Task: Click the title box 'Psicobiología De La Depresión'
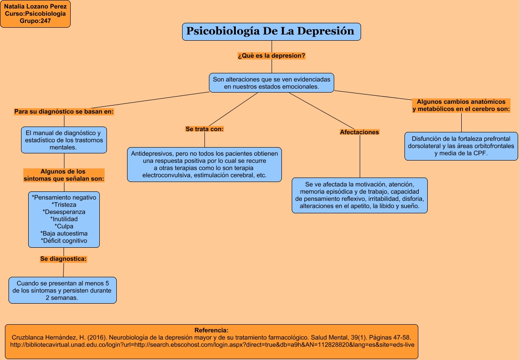point(271,31)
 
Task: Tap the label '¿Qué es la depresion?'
point(272,56)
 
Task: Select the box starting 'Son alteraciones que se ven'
point(272,83)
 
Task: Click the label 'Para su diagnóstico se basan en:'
point(64,111)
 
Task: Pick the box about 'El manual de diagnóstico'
point(64,140)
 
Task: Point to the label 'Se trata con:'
point(204,129)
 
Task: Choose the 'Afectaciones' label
point(359,132)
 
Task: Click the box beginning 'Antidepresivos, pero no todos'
point(204,164)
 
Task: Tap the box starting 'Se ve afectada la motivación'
point(359,195)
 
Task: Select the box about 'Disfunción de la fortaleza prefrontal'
point(461,146)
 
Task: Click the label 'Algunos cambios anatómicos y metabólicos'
point(461,105)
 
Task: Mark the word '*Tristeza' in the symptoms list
point(64,204)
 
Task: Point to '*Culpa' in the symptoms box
point(64,226)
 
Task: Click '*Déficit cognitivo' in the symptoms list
point(64,241)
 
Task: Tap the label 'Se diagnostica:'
point(64,258)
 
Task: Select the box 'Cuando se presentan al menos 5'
point(63,290)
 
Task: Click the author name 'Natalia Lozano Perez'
point(35,6)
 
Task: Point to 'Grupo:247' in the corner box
point(35,21)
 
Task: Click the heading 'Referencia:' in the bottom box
point(212,330)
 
